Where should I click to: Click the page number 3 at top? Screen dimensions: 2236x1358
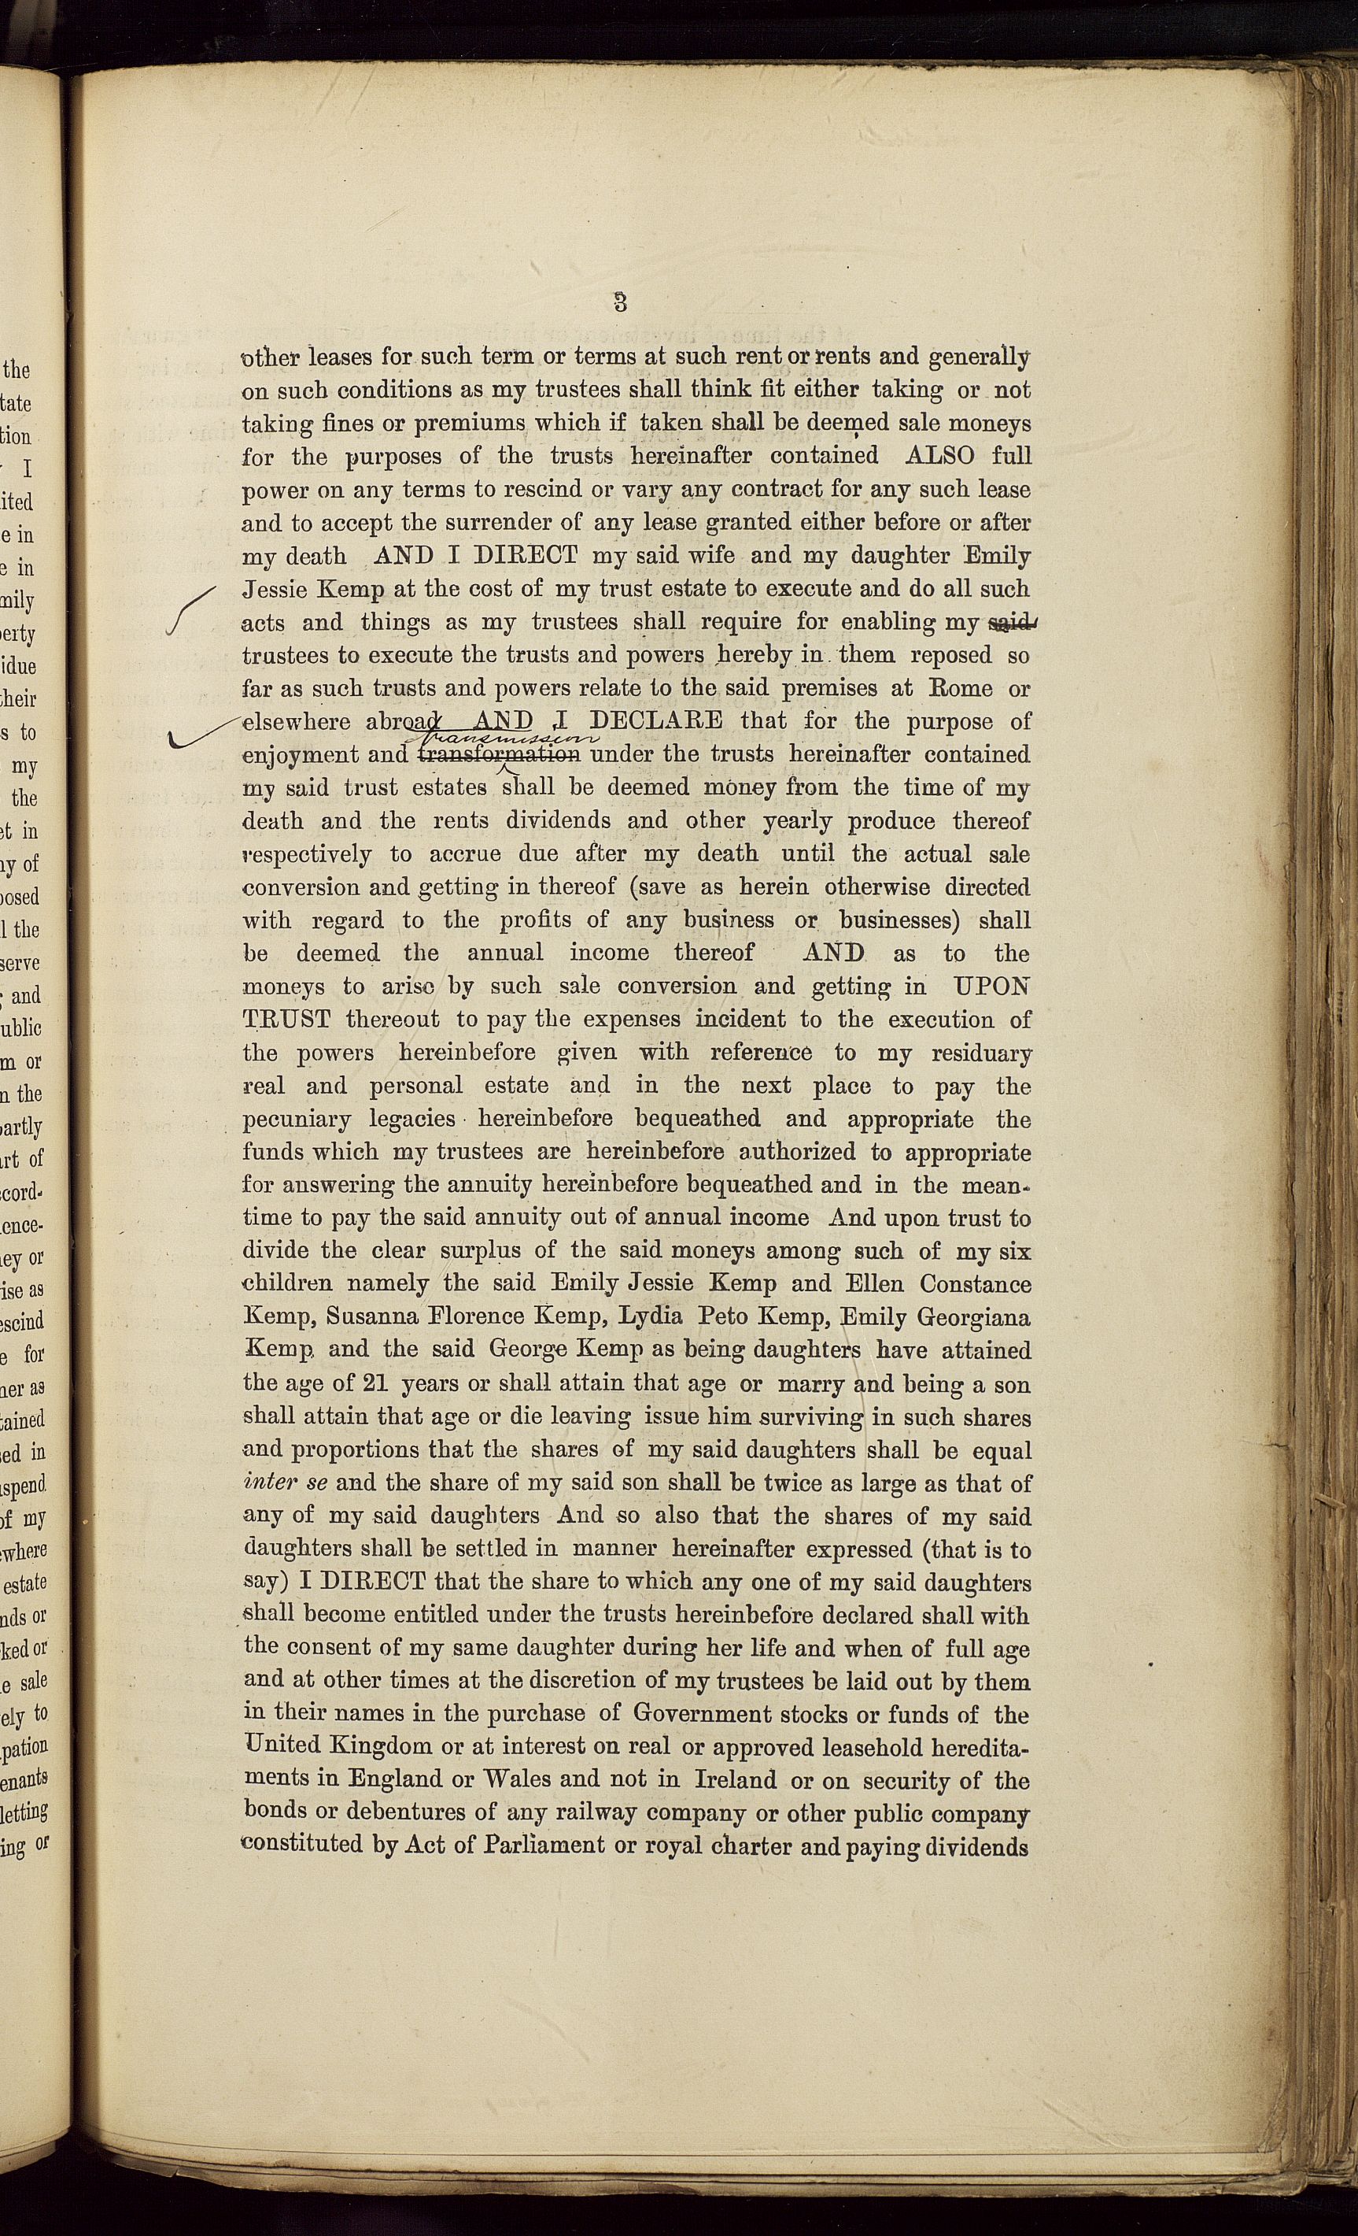(621, 302)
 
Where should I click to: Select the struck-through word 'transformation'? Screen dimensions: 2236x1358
(497, 754)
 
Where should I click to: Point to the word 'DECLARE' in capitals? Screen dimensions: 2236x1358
(656, 721)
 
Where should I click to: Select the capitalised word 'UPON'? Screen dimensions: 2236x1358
(991, 987)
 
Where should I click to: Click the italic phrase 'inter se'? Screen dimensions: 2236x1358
(285, 1483)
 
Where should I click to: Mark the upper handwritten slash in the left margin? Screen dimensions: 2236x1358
(192, 610)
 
